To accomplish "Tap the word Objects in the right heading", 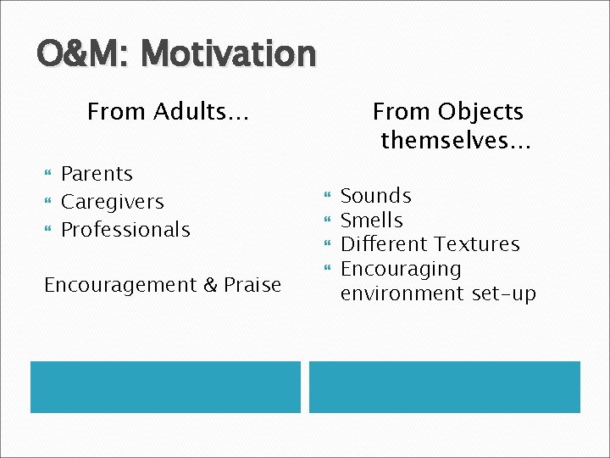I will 482,111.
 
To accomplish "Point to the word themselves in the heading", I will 456,140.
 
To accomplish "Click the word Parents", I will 97,174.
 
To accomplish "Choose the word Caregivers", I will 113,202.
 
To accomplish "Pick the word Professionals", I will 125,229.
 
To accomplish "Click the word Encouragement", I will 122,285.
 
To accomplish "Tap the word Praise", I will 252,285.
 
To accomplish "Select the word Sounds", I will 375,196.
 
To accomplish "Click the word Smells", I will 371,221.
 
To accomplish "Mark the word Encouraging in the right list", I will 401,269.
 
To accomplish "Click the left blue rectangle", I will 165,387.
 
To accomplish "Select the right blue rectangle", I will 444,387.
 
